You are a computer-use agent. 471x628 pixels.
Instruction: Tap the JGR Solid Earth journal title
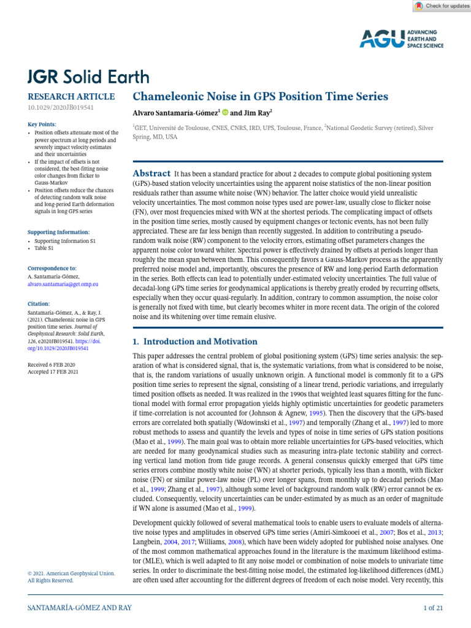pos(88,77)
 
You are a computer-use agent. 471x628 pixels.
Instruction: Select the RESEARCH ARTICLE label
pos(71,96)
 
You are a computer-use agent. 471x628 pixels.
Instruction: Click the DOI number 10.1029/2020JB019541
pos(60,107)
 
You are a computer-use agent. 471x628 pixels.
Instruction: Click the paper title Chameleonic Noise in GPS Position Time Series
pos(261,96)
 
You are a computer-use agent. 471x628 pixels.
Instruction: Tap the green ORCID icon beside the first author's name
pos(225,112)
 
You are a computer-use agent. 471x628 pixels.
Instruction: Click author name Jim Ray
pos(256,112)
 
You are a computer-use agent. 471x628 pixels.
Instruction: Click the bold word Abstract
pos(151,174)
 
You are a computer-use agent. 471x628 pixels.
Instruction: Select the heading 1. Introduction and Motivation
pos(195,342)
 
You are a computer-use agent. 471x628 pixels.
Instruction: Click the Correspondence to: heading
pos(52,268)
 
